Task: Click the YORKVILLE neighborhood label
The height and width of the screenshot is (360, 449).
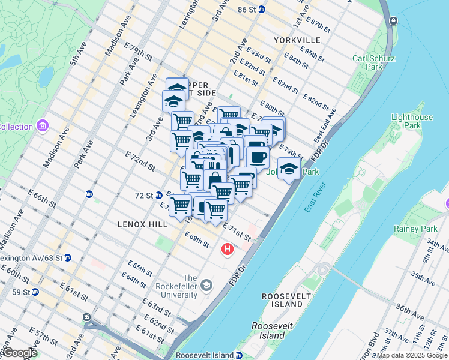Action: [296, 40]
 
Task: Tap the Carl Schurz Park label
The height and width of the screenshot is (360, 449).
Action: [373, 62]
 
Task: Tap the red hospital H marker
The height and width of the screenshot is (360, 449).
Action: [228, 248]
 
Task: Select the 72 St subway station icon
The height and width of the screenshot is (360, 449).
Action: [159, 195]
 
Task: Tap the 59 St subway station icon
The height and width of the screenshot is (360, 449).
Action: [35, 292]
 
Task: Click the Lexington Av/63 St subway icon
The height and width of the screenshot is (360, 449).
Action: [68, 257]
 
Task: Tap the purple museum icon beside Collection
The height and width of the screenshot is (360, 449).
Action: [42, 127]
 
